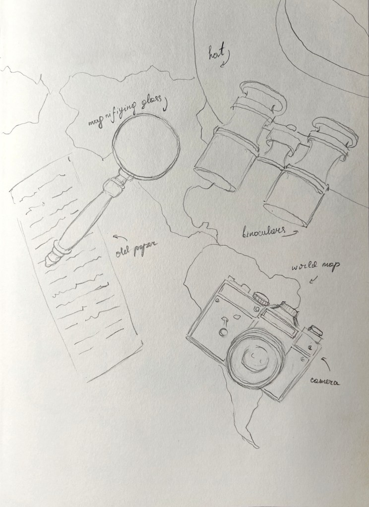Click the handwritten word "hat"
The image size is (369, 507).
click(216, 53)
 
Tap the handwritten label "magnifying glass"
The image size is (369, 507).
click(124, 111)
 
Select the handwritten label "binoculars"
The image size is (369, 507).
click(264, 232)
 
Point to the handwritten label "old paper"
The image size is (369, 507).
click(136, 249)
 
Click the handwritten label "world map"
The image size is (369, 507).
click(315, 266)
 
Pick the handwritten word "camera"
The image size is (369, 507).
click(325, 381)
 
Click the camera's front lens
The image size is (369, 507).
click(255, 357)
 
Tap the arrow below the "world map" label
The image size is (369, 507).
click(313, 279)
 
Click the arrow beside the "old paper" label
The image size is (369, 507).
click(120, 238)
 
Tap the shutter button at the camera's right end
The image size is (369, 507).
click(315, 330)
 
